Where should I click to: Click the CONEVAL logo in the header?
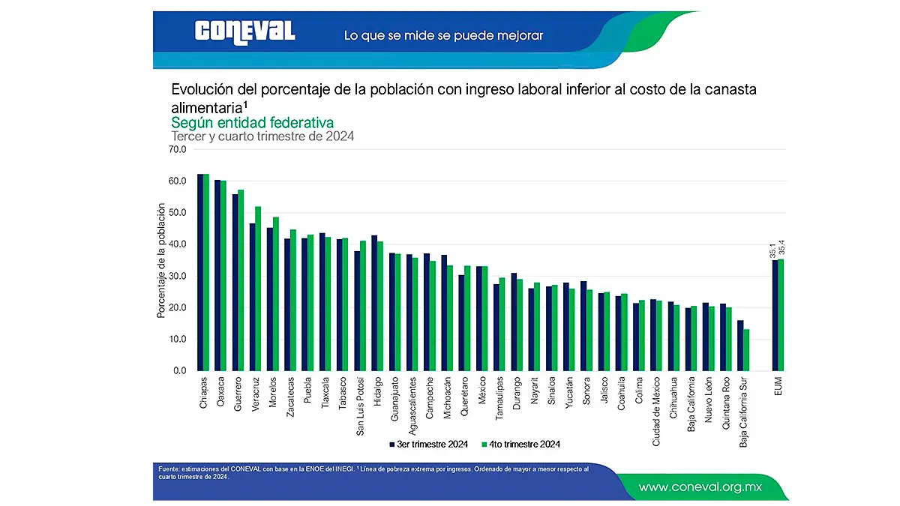click(x=244, y=31)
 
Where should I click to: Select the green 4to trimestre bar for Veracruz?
click(x=258, y=289)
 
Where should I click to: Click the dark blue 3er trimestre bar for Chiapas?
click(x=200, y=272)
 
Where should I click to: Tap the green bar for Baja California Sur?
click(x=745, y=349)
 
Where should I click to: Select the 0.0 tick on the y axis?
click(x=180, y=370)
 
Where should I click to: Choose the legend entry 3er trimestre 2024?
click(x=429, y=445)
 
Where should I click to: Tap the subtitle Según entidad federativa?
click(x=252, y=122)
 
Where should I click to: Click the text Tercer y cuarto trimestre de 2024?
click(x=262, y=136)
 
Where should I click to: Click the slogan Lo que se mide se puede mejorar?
click(x=443, y=35)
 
